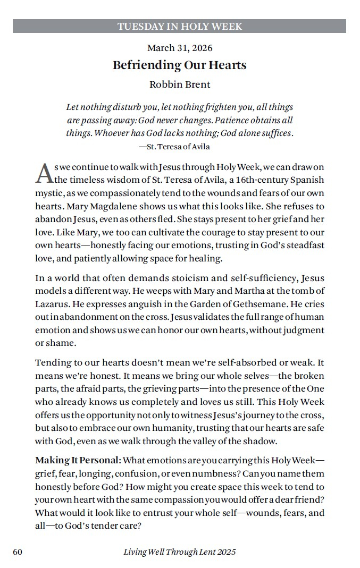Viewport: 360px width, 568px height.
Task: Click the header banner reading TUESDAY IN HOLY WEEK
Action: [x=180, y=26]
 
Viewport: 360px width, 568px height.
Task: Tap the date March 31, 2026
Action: [x=180, y=48]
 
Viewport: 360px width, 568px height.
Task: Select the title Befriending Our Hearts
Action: [x=180, y=65]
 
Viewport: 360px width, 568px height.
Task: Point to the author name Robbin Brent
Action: [x=180, y=84]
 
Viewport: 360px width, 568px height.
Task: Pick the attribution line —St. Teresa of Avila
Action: [x=174, y=147]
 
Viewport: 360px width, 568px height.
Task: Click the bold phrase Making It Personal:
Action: [x=78, y=460]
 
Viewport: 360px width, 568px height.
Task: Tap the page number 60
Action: [x=18, y=552]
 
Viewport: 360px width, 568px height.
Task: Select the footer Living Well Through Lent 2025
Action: [x=180, y=552]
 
